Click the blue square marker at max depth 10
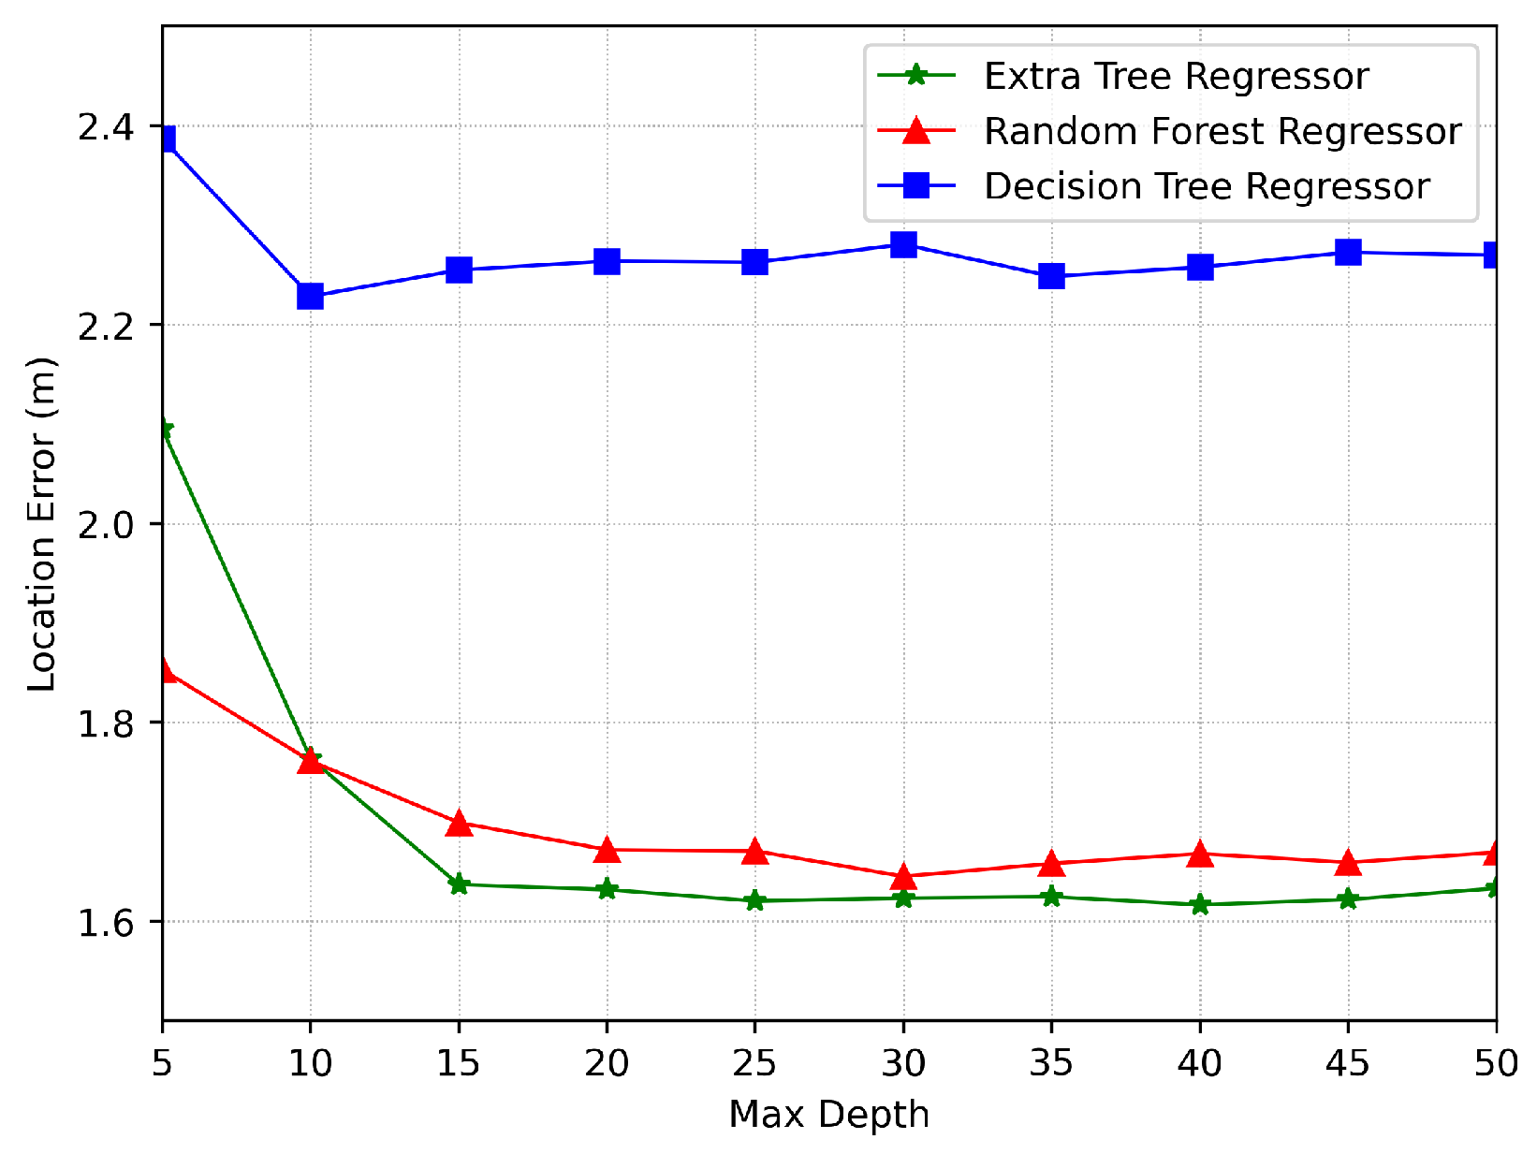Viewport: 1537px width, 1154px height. [x=310, y=297]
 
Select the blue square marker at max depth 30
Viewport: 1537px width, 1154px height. [x=903, y=245]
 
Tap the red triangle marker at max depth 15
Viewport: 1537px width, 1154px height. [x=459, y=824]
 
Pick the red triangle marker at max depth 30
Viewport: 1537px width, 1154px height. [x=903, y=877]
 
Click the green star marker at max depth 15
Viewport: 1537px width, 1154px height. [x=459, y=884]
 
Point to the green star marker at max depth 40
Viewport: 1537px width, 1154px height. [x=1200, y=905]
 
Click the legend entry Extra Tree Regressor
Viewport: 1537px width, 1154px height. [x=1176, y=77]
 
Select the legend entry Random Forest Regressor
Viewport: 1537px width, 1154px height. [x=1222, y=132]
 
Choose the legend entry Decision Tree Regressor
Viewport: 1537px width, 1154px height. [x=1206, y=187]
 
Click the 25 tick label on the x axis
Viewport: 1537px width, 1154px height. [x=754, y=1064]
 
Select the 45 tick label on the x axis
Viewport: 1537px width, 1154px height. [x=1348, y=1064]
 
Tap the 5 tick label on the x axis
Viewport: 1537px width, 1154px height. [x=163, y=1064]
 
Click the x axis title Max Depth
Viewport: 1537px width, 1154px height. [x=828, y=1116]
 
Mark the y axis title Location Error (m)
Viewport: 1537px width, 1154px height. [x=42, y=524]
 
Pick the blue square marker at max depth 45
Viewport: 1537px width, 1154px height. [x=1348, y=253]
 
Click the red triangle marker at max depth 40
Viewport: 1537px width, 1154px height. [x=1200, y=855]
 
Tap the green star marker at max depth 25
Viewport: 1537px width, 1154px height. [x=754, y=901]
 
